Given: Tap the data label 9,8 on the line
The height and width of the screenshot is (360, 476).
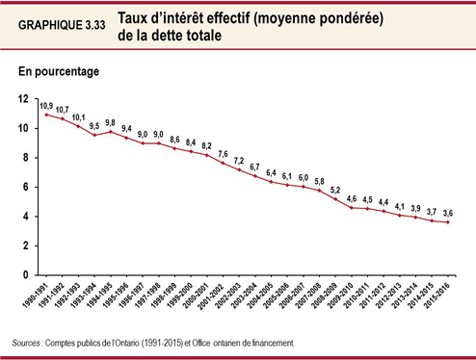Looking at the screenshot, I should tap(112, 121).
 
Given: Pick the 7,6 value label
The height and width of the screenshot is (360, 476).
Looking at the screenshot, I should tap(224, 154).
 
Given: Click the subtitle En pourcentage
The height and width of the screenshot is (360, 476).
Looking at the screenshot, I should tap(58, 71).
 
